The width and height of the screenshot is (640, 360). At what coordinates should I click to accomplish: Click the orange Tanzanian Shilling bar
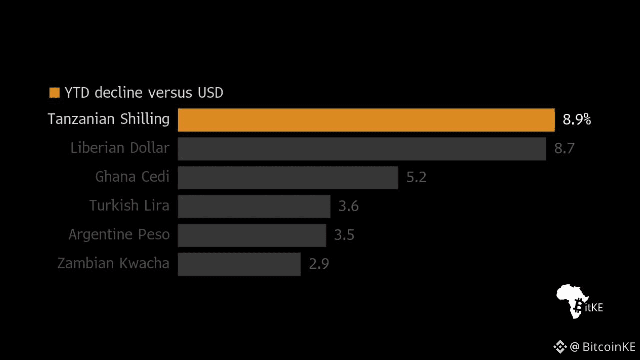tap(366, 120)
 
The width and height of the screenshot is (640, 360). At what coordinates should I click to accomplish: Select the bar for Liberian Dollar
tap(362, 149)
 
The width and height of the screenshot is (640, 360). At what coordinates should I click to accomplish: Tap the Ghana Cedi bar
tap(288, 178)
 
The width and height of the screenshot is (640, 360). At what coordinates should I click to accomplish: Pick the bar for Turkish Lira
tap(254, 206)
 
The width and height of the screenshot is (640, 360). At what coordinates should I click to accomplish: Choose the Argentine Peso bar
tap(252, 235)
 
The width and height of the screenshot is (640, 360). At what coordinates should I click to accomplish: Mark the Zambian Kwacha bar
tap(239, 264)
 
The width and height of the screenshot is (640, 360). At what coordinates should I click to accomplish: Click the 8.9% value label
tap(577, 120)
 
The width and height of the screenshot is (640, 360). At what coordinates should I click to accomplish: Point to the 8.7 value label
tap(564, 149)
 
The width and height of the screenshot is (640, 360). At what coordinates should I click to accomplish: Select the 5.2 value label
tap(416, 178)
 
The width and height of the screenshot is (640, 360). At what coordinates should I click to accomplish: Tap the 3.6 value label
tap(348, 206)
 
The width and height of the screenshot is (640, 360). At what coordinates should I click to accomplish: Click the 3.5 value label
tap(344, 235)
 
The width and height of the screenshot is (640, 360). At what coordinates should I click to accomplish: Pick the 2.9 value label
tap(319, 264)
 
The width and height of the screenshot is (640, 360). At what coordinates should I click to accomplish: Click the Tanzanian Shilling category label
tap(109, 119)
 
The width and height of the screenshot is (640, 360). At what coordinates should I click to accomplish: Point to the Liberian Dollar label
tap(120, 148)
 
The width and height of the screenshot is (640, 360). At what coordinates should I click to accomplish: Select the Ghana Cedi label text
tap(132, 177)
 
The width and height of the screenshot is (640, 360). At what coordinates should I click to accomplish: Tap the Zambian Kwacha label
tap(113, 263)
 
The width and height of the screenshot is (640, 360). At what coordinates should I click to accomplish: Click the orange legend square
tap(54, 93)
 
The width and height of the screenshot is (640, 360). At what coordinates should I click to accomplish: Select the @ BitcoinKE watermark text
tap(602, 347)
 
